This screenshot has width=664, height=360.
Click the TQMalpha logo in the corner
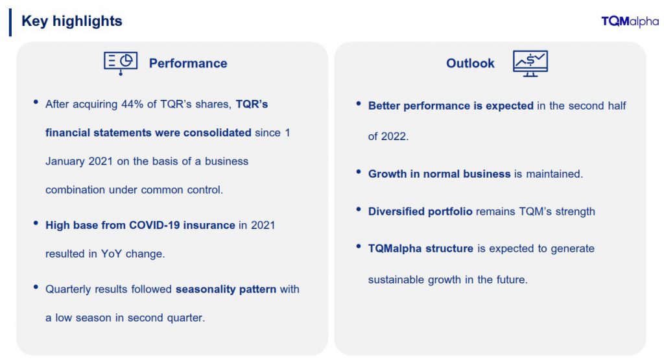click(x=630, y=21)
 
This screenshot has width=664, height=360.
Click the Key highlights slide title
click(x=71, y=21)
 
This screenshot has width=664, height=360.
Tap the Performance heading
click(x=188, y=63)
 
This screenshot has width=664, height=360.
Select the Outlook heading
click(x=470, y=63)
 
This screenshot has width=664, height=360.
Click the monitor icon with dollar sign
click(x=530, y=64)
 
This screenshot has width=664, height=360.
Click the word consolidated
click(x=217, y=132)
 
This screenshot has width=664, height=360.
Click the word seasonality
click(x=206, y=289)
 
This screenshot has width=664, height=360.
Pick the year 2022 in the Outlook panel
click(x=394, y=136)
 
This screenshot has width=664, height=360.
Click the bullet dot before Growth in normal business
click(x=359, y=171)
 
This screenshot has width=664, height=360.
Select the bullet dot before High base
click(x=36, y=222)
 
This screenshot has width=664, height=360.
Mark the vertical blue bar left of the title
click(x=10, y=23)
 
